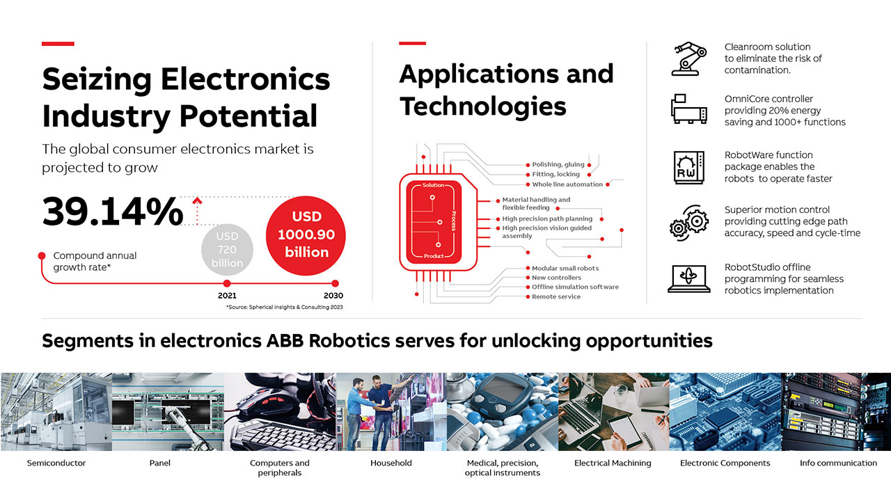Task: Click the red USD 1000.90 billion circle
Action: [x=306, y=235]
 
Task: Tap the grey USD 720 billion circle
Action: [x=227, y=250]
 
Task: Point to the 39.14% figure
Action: [x=113, y=212]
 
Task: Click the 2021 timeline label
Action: [x=227, y=296]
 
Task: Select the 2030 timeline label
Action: [x=333, y=296]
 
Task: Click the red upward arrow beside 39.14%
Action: [x=197, y=211]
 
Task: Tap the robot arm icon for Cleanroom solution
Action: [x=689, y=59]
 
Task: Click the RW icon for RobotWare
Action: [x=689, y=168]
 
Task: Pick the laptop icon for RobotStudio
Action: [x=689, y=279]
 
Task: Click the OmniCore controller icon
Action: [x=689, y=109]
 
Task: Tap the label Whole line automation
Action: [x=567, y=184]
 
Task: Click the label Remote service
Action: [x=556, y=296]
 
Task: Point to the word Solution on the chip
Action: [x=433, y=185]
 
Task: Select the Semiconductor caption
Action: [x=56, y=463]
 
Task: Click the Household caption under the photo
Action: [x=391, y=463]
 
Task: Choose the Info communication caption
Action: [x=838, y=463]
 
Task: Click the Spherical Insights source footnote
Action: [x=285, y=307]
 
